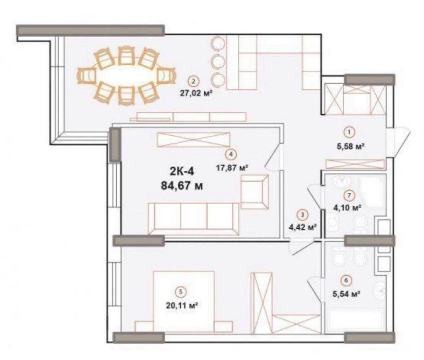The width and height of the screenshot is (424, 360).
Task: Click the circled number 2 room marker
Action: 193,81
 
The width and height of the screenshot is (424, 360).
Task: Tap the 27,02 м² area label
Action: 195,93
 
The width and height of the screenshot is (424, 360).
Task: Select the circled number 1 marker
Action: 349,133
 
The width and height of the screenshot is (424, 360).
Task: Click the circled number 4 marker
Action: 231,154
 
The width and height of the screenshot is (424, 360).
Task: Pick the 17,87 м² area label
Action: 232,168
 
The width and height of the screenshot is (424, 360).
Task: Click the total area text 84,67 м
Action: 182,186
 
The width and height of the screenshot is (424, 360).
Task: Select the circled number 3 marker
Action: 303,215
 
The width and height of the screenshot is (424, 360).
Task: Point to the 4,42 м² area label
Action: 303,227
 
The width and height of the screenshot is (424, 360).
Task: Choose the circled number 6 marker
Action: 346,280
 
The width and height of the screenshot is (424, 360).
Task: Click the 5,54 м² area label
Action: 346,294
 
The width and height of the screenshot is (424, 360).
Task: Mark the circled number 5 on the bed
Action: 181,292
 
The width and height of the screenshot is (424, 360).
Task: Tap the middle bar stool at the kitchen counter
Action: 218,62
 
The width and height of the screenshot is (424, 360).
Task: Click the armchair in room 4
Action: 255,192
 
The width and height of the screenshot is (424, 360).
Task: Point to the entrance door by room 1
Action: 399,142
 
